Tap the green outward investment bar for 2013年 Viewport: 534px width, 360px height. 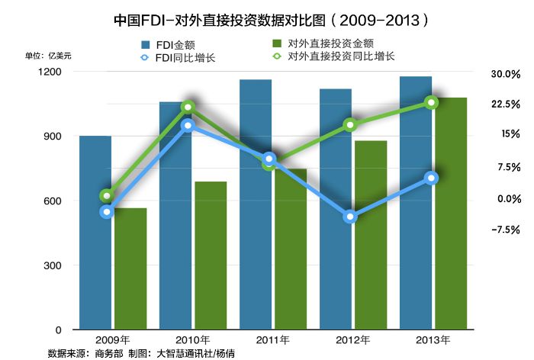(x=449, y=214)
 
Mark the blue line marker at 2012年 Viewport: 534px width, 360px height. (x=350, y=217)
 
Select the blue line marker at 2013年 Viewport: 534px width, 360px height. (x=431, y=178)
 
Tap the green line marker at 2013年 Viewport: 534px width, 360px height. (x=431, y=102)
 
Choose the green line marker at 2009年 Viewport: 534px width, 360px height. (x=108, y=195)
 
